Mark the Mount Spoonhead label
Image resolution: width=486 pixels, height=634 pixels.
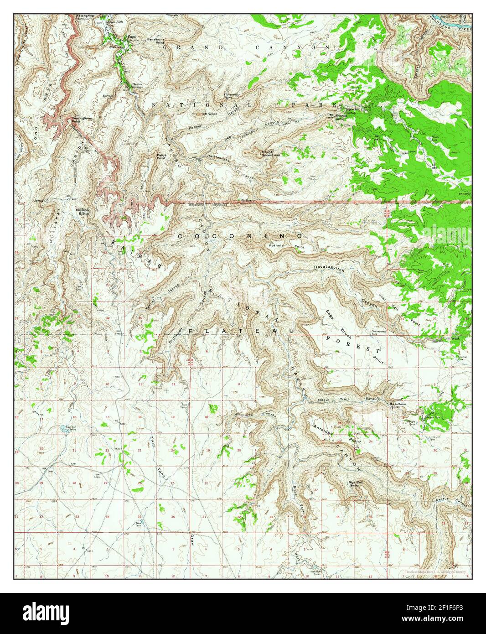(x=270, y=153)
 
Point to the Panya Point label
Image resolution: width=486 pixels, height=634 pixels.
(x=161, y=156)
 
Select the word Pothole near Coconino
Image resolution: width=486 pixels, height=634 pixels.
(x=277, y=245)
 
